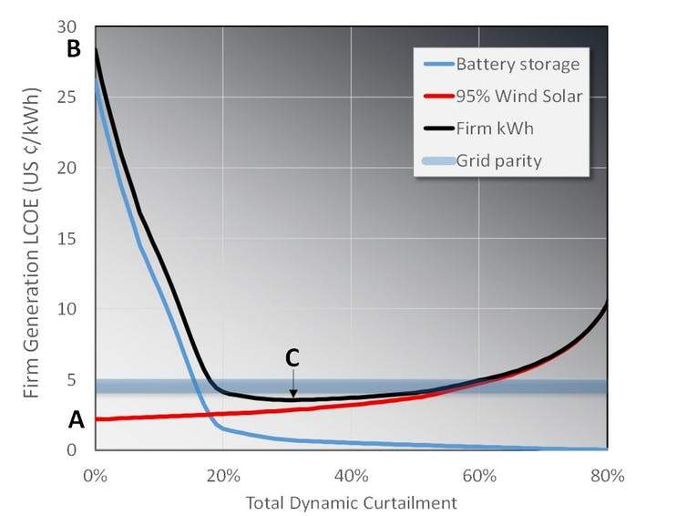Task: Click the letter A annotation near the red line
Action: [77, 420]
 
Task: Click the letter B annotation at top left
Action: [75, 50]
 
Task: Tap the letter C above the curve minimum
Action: [292, 359]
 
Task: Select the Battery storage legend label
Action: [518, 65]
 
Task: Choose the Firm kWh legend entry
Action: [495, 129]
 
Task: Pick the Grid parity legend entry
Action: [498, 161]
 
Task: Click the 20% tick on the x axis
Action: [223, 475]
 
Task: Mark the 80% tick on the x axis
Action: [607, 475]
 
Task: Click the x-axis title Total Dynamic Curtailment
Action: [351, 502]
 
